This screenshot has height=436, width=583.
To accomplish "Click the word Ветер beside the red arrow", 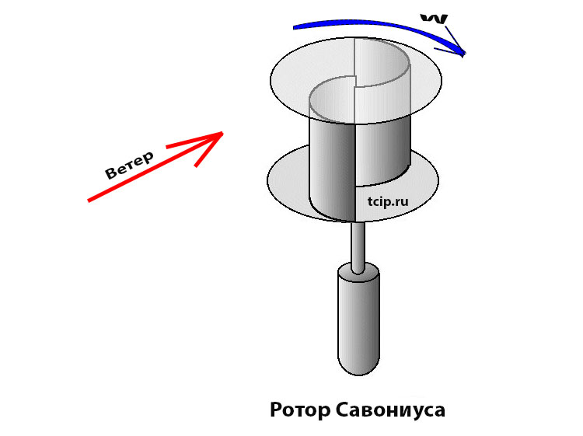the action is point(129,165).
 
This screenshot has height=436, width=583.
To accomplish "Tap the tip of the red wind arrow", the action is point(223,132).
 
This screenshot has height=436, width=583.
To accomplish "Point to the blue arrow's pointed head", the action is point(463,54).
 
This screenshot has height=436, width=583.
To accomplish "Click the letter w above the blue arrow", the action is point(434,19).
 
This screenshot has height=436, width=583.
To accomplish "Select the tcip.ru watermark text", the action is point(388,201).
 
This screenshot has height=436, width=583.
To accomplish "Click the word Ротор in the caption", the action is point(300,410).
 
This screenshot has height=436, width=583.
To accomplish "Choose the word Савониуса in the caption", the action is point(390,410).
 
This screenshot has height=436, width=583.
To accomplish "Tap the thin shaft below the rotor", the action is point(358,246).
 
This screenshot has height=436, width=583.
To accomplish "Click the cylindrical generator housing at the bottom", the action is point(358,319).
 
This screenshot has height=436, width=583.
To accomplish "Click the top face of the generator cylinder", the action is point(358,271).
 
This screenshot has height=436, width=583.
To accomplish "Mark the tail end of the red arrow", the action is point(89,201).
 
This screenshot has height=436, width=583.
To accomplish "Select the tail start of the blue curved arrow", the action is point(294,27).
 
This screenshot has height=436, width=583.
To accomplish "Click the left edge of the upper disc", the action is point(271,80).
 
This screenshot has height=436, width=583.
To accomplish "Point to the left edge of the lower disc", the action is point(267,180).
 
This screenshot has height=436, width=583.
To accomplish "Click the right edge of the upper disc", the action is point(442,80).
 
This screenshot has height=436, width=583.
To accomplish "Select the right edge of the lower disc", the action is point(438,180).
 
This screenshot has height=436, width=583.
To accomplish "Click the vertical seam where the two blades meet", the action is point(355,171).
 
